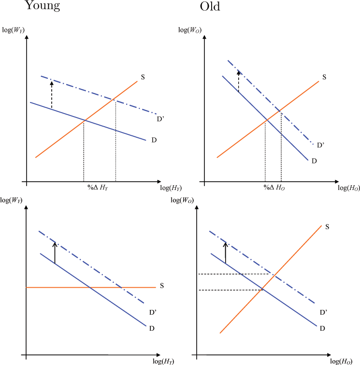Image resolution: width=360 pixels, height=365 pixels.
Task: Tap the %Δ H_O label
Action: point(274,187)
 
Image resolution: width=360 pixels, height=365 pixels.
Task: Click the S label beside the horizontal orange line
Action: point(162,286)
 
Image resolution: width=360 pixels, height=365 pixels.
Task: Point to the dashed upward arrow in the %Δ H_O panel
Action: point(238,81)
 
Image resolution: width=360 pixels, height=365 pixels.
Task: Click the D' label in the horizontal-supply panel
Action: point(153,313)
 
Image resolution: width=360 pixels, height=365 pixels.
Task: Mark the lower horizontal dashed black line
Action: point(230,290)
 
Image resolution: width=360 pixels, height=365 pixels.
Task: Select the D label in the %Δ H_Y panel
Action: point(154,140)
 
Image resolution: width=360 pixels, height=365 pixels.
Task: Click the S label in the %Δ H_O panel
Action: point(324,77)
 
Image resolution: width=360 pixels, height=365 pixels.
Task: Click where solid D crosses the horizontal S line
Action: point(89,288)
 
